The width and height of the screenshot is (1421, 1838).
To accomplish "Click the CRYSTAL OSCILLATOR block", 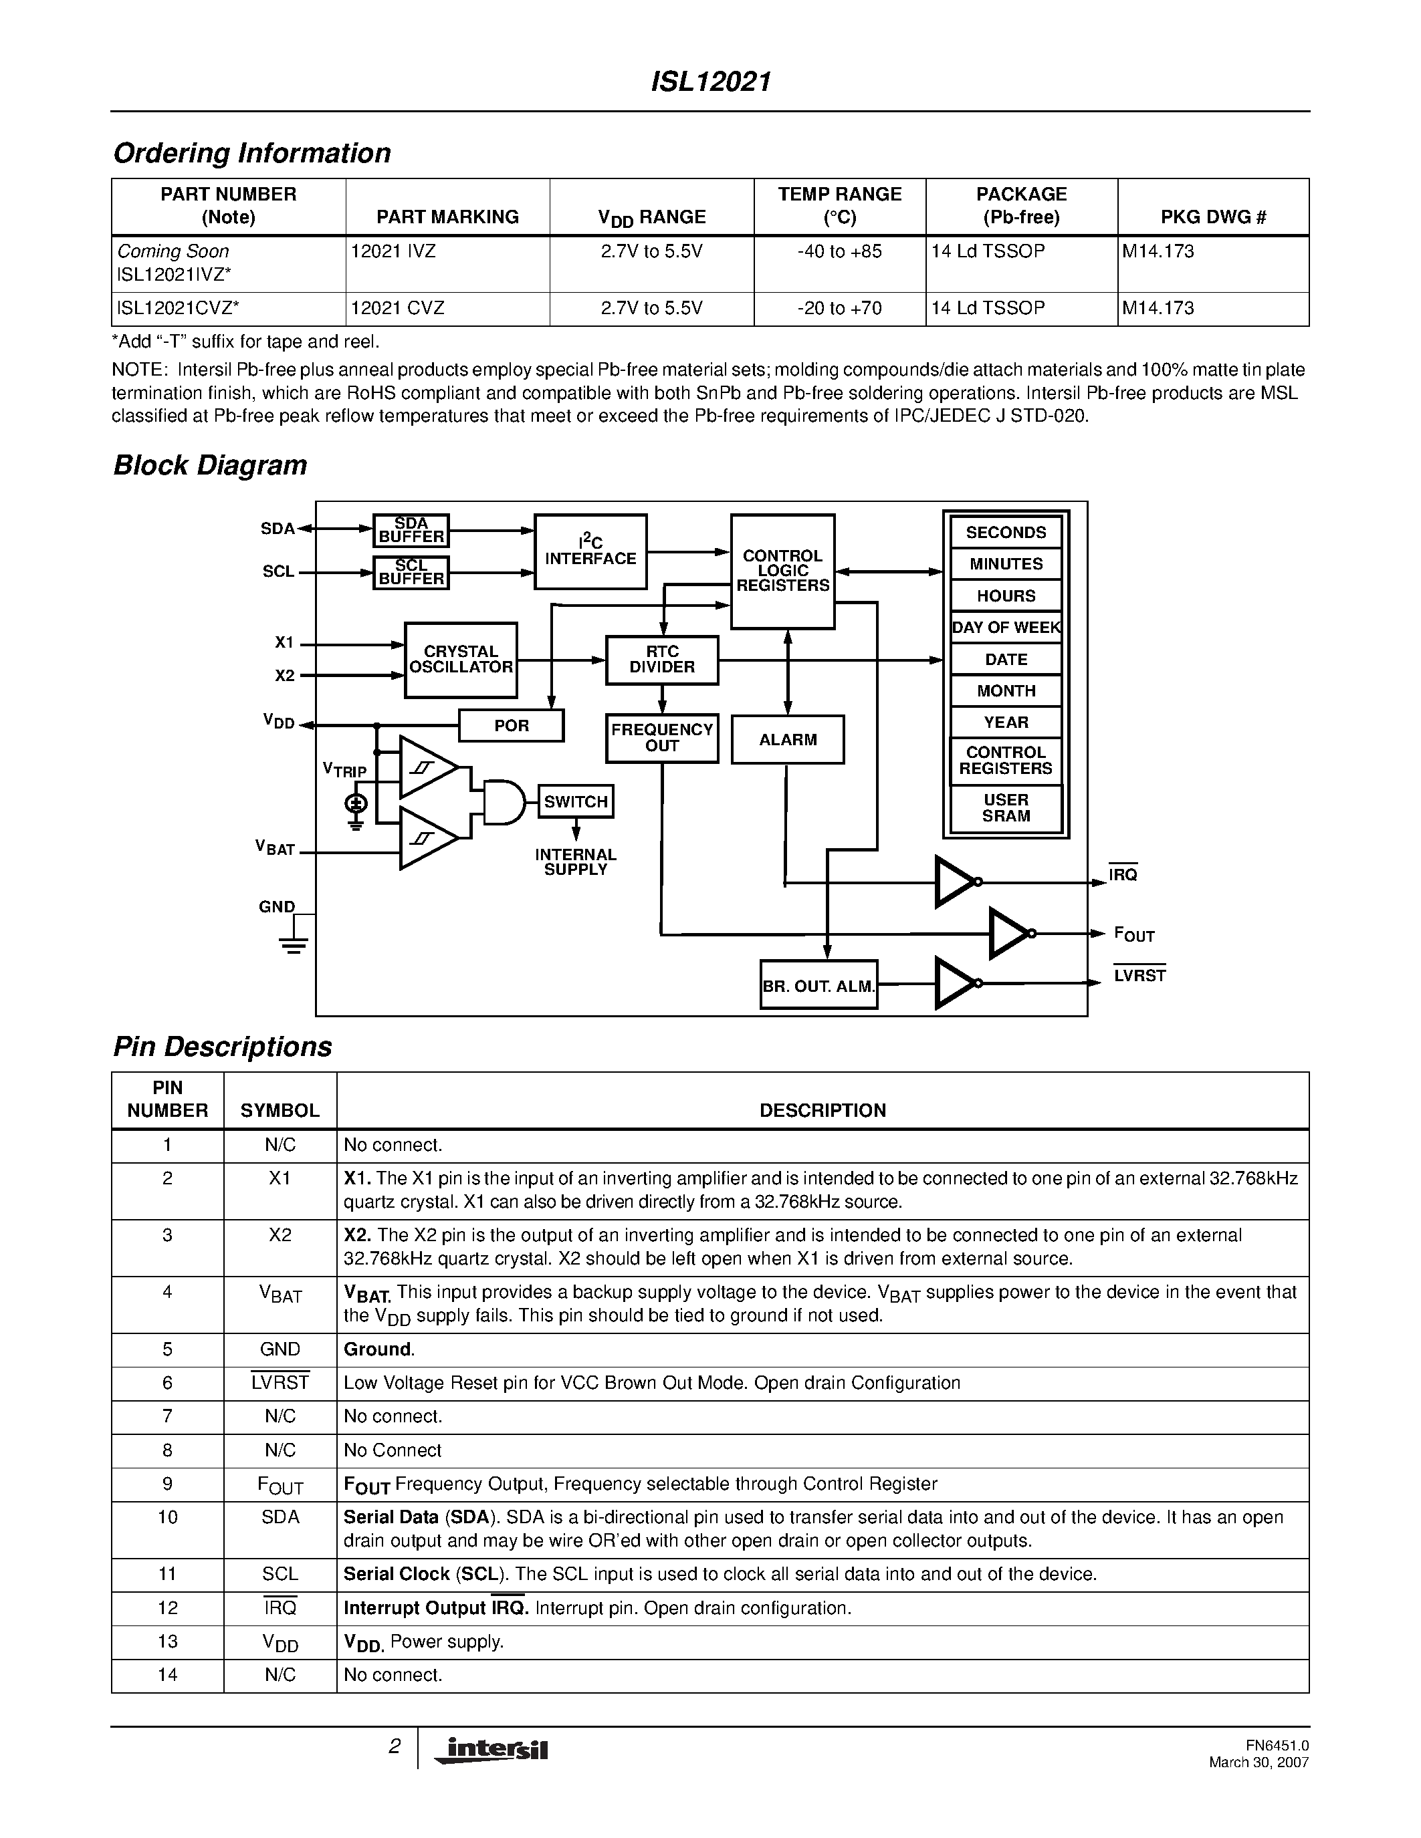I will pyautogui.click(x=461, y=660).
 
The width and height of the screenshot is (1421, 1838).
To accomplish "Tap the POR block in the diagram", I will pyautogui.click(x=511, y=725).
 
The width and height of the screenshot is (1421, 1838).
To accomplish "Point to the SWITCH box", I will pyautogui.click(x=576, y=801).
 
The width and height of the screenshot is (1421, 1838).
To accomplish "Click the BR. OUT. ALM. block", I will pyautogui.click(x=818, y=985).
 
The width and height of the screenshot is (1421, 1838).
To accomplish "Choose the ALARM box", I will pyautogui.click(x=787, y=740).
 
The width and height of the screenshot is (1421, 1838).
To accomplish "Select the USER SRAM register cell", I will pyautogui.click(x=1006, y=808).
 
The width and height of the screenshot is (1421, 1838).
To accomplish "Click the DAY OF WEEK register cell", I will pyautogui.click(x=1006, y=628).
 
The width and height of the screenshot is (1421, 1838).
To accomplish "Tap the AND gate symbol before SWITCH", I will pyautogui.click(x=503, y=802).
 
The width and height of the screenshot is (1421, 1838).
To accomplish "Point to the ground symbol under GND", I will pyautogui.click(x=293, y=942).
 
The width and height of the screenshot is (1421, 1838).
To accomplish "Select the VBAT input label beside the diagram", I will pyautogui.click(x=276, y=848).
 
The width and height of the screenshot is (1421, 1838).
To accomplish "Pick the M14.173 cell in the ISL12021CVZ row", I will pyautogui.click(x=1158, y=308).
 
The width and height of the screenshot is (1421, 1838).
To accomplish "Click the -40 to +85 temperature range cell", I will pyautogui.click(x=839, y=251).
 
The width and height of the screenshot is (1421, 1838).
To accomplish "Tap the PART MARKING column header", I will pyautogui.click(x=447, y=217).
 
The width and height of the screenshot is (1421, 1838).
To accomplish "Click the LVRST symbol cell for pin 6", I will pyautogui.click(x=280, y=1383).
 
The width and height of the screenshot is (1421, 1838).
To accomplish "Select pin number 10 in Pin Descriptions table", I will pyautogui.click(x=168, y=1517).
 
